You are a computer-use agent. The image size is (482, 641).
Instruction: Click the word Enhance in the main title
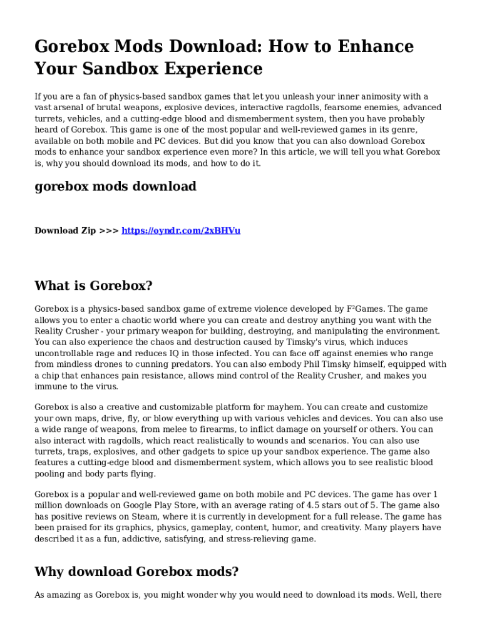(x=377, y=46)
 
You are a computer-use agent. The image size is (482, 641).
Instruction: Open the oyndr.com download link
(x=181, y=230)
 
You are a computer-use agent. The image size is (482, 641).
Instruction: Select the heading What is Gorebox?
(x=93, y=285)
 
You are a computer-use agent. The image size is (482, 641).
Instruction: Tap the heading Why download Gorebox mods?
(x=136, y=571)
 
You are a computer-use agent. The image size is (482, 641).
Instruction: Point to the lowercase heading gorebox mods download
(x=115, y=186)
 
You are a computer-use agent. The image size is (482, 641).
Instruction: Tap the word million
(x=49, y=505)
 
